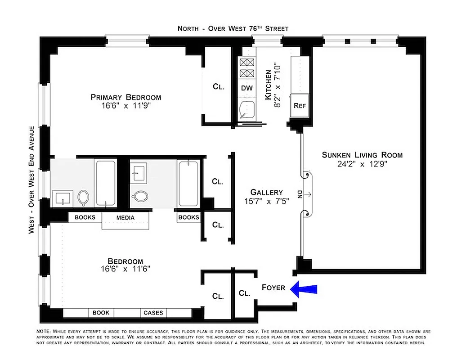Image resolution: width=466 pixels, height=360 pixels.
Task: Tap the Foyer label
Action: click(273, 287)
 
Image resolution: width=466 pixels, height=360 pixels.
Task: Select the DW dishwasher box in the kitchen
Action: click(247, 88)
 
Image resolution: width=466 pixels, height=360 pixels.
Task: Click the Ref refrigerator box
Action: click(300, 106)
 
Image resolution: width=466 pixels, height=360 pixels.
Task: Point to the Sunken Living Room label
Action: click(362, 155)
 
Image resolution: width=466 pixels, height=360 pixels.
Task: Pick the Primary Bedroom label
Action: click(125, 97)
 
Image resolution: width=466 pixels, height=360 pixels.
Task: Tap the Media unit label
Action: click(125, 217)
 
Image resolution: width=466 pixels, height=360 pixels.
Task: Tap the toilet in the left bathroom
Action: click(83, 197)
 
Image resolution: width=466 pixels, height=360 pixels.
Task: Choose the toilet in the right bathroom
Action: click(141, 196)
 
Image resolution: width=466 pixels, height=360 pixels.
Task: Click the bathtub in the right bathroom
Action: click(188, 184)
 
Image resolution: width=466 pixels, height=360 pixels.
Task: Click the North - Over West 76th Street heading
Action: click(233, 28)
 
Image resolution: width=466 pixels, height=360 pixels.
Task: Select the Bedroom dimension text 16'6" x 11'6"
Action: click(125, 269)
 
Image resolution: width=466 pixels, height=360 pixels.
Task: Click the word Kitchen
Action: click(269, 85)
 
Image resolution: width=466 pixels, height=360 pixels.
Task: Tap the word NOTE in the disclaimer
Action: click(44, 331)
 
